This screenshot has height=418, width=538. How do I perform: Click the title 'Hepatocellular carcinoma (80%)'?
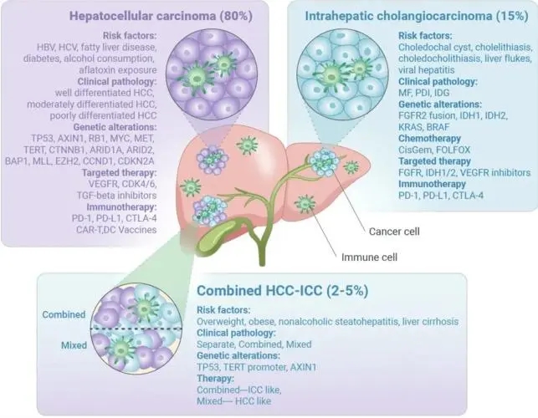click(161, 16)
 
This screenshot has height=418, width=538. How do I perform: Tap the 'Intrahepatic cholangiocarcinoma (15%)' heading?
click(417, 16)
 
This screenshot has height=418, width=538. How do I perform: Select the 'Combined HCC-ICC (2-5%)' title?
click(282, 290)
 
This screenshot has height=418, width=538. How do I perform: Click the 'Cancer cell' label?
click(394, 232)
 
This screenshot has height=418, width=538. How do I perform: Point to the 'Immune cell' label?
click(369, 257)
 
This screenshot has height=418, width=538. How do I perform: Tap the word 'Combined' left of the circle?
click(64, 314)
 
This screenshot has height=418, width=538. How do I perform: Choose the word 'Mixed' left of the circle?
click(74, 345)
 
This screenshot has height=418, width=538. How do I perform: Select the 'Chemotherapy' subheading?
click(429, 139)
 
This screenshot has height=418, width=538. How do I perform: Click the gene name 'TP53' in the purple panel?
click(42, 139)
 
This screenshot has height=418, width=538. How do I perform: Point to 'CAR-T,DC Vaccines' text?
click(116, 229)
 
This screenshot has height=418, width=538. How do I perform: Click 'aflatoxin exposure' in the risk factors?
click(118, 70)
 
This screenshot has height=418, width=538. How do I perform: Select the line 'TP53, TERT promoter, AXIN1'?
click(256, 367)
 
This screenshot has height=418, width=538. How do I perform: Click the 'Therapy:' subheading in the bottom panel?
click(215, 379)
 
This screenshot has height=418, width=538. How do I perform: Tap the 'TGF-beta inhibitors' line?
click(116, 196)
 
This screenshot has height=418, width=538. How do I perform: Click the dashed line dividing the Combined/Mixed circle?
click(136, 329)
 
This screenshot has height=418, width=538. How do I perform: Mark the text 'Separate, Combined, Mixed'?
click(254, 344)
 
